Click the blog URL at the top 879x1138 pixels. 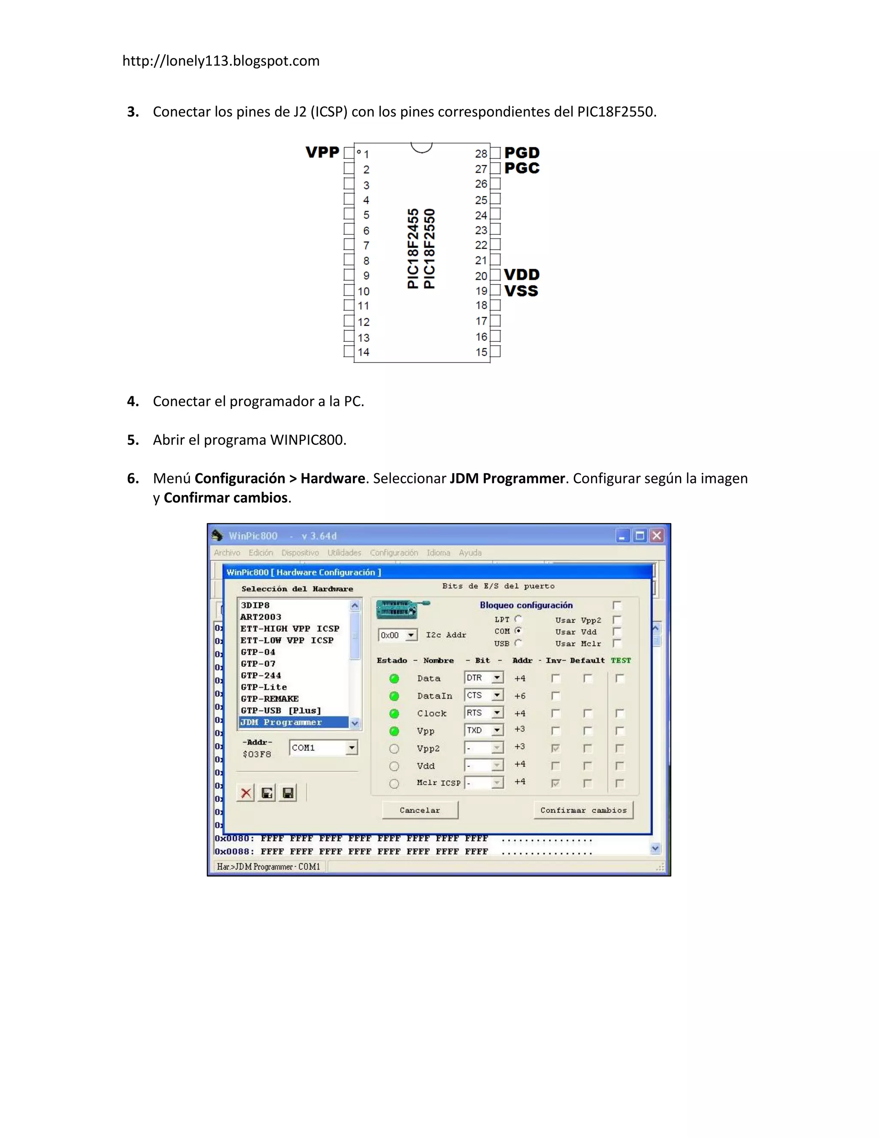pos(221,61)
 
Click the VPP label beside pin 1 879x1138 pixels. pos(322,153)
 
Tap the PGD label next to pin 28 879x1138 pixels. pos(522,153)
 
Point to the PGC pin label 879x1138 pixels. pos(522,168)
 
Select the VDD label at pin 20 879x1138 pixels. pos(521,274)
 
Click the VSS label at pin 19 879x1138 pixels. pos(521,291)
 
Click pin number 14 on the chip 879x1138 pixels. pos(364,352)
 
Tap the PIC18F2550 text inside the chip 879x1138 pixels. pos(429,249)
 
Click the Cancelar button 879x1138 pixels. pos(420,810)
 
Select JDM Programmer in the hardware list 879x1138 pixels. pos(281,722)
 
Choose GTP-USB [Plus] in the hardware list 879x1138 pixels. pos(281,711)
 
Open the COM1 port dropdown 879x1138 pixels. pos(352,748)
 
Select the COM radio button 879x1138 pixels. pos(518,631)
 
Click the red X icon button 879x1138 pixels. pos(246,793)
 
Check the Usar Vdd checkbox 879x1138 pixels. pos(617,632)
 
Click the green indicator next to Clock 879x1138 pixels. pos(394,713)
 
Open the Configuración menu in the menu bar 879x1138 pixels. pos(394,553)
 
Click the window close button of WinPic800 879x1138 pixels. pos(657,536)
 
